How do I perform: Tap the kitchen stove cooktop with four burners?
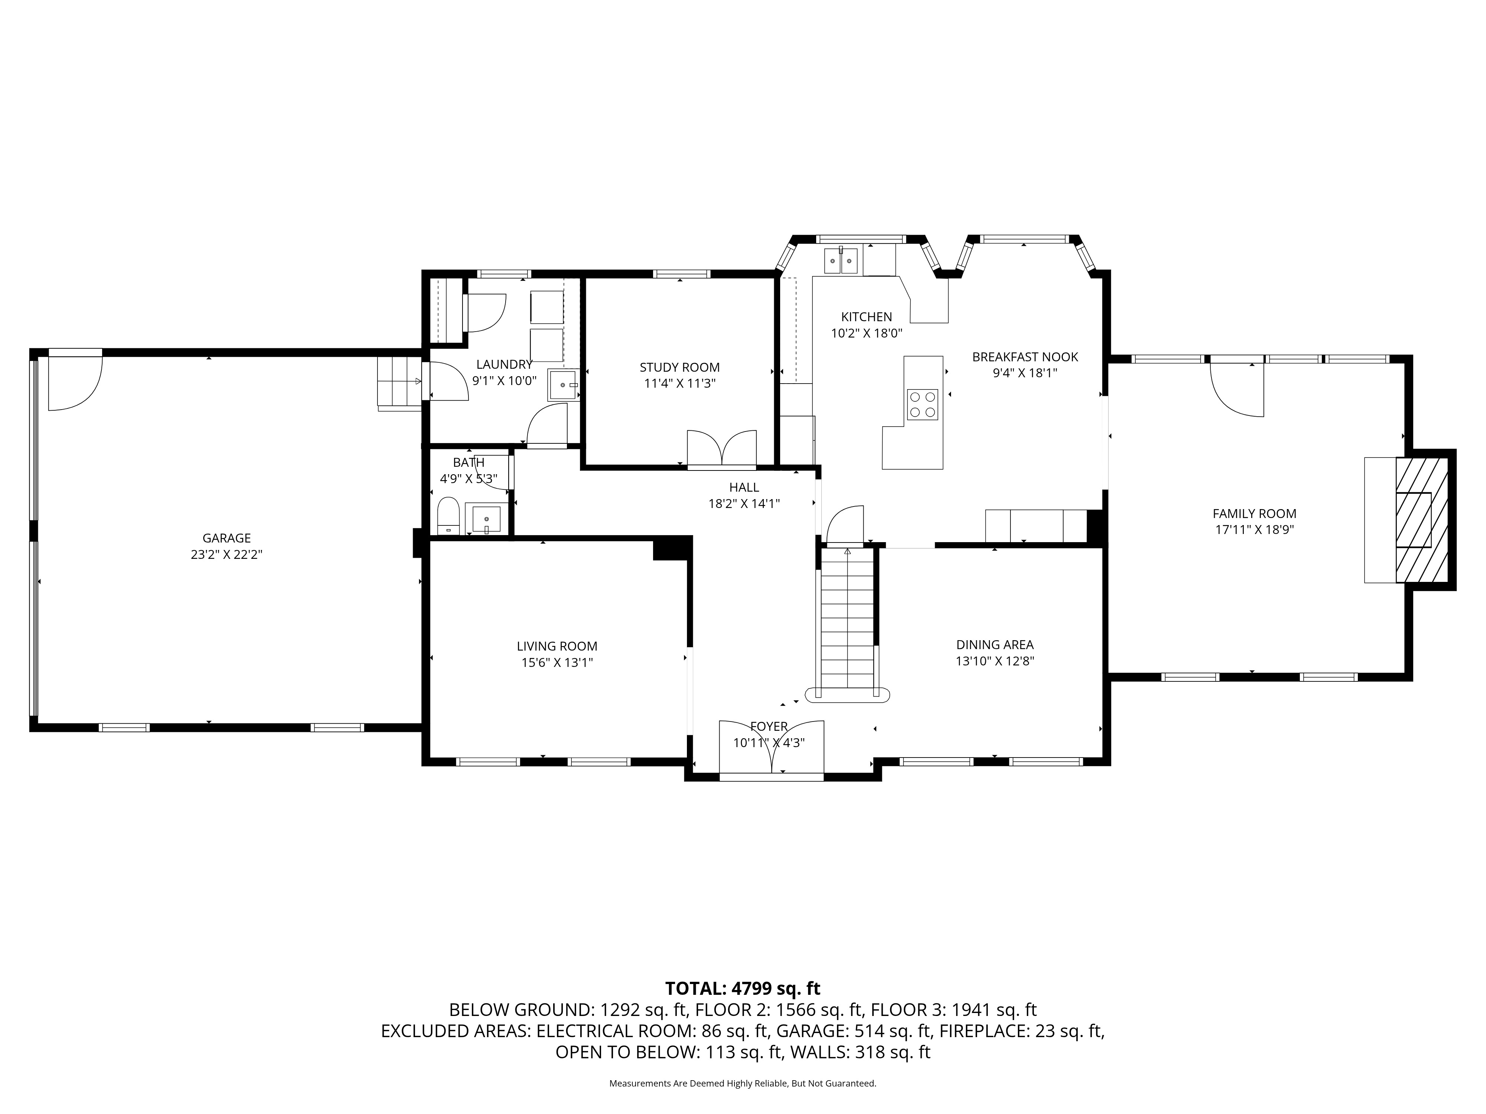(922, 404)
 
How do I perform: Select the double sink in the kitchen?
(841, 261)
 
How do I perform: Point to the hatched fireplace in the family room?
(1421, 520)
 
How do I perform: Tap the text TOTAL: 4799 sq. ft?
(742, 988)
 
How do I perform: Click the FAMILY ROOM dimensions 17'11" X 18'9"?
(1254, 530)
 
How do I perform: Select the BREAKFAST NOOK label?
(1025, 357)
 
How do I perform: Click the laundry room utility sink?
(563, 385)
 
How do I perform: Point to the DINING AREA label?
(994, 645)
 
